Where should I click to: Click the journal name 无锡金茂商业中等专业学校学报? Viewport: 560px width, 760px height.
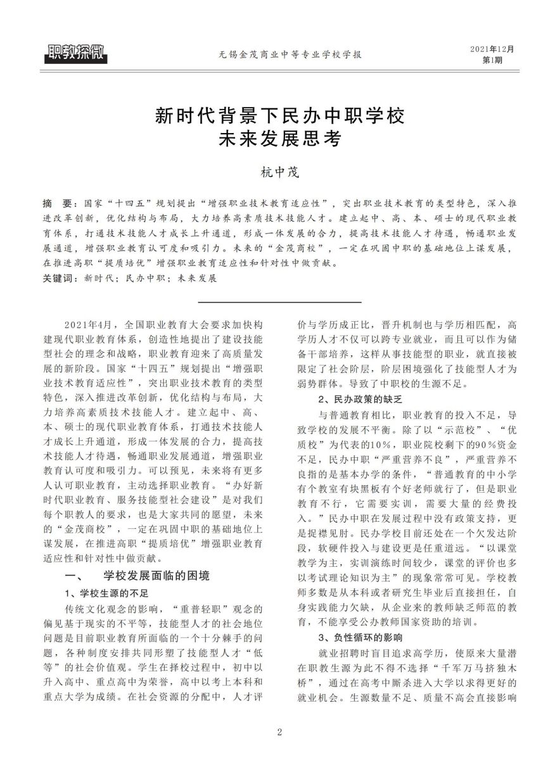(280, 55)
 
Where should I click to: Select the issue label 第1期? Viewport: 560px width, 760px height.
(492, 60)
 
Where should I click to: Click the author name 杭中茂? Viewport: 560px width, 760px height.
(279, 171)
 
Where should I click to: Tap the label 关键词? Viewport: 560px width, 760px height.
(59, 278)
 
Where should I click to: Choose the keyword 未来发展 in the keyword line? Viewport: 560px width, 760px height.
(196, 278)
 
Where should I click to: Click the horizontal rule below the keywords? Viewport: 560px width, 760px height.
(279, 301)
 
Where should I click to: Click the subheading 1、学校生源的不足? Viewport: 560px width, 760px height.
(107, 593)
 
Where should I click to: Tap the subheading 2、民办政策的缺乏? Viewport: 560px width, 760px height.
(359, 400)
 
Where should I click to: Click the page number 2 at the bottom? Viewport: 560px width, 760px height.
(279, 733)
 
